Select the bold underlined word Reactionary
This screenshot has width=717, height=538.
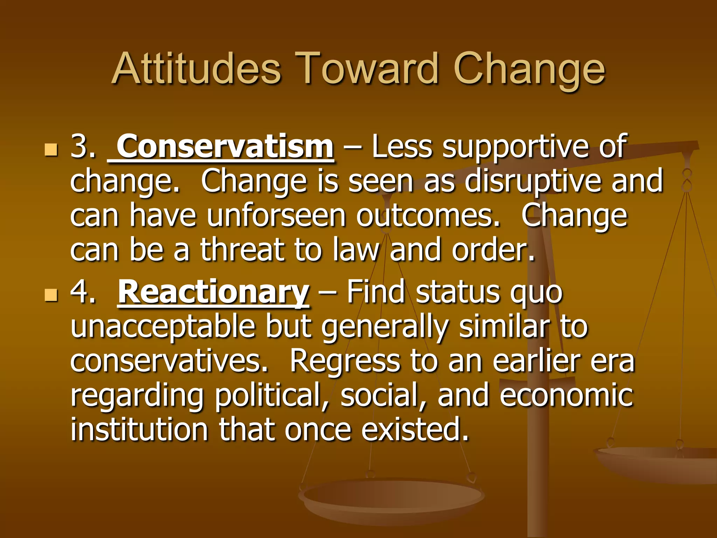pyautogui.click(x=213, y=292)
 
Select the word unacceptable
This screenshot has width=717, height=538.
pyautogui.click(x=163, y=327)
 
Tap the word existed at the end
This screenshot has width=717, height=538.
pyautogui.click(x=415, y=429)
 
